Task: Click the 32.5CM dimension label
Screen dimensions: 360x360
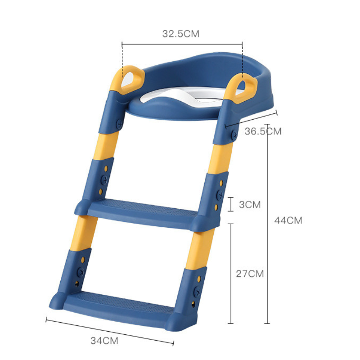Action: coord(180,34)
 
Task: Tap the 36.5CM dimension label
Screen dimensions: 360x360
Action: coord(263,131)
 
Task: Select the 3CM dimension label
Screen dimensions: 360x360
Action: coord(250,205)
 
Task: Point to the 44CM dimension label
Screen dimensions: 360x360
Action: coord(288,220)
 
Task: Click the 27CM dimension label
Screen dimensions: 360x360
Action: coord(250,273)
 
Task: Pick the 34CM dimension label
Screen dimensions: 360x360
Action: coord(104,341)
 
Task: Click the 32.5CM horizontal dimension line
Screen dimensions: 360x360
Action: coord(182,44)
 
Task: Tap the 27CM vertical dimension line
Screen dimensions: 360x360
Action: coord(231,273)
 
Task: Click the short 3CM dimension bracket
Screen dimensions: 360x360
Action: coord(231,204)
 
